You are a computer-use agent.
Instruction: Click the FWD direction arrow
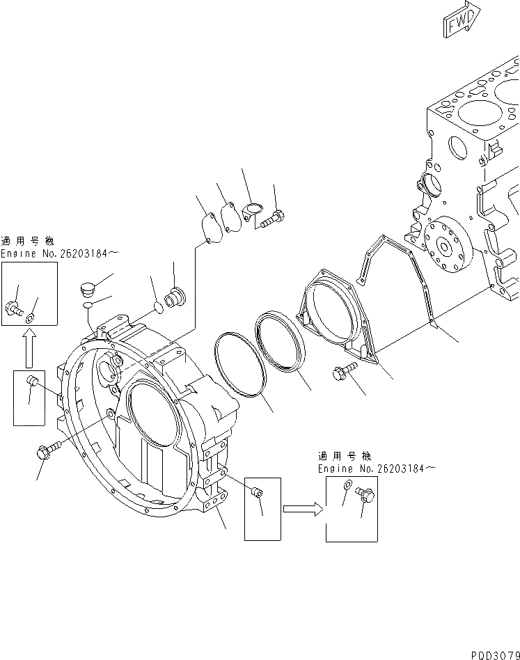click(x=460, y=19)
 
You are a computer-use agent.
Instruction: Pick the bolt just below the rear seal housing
click(x=345, y=374)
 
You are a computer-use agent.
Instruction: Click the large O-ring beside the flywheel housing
click(x=240, y=365)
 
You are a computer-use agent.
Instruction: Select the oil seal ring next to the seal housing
click(x=280, y=347)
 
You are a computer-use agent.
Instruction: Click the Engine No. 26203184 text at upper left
click(x=54, y=254)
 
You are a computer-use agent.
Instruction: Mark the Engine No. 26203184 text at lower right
click(x=377, y=469)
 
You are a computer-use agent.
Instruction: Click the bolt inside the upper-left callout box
click(x=13, y=308)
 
